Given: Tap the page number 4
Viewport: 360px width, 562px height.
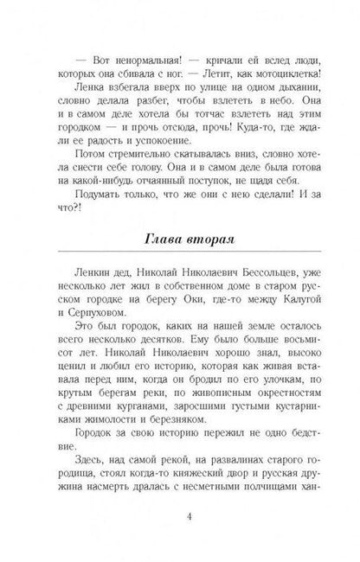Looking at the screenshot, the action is point(180,520).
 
